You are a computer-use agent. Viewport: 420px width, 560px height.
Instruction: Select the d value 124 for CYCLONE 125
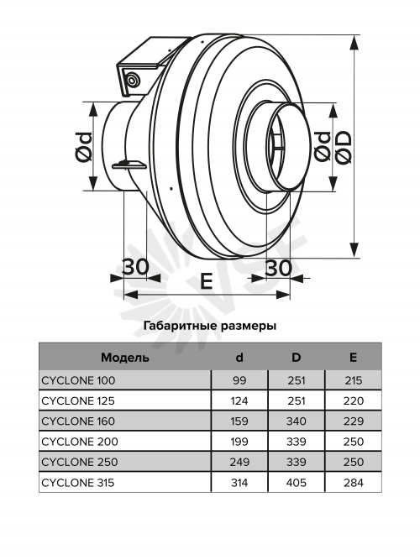(239, 400)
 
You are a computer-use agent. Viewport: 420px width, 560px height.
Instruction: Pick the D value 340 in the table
(296, 421)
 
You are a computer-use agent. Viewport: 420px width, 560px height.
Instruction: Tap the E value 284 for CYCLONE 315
(353, 483)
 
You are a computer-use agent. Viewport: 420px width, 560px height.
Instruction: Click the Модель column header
(125, 358)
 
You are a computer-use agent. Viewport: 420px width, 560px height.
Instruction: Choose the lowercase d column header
(239, 357)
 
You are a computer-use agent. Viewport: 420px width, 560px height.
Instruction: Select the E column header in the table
(353, 357)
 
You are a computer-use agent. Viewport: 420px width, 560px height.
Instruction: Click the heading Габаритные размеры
(210, 326)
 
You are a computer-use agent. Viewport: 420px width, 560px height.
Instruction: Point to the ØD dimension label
(344, 147)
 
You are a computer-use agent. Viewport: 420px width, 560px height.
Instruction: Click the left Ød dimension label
(84, 147)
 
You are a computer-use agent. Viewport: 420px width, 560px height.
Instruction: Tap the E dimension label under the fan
(207, 280)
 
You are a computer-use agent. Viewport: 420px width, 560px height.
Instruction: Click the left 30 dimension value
(135, 266)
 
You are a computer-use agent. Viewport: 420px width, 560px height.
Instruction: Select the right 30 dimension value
(278, 268)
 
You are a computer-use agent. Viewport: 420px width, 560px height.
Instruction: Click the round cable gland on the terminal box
(132, 79)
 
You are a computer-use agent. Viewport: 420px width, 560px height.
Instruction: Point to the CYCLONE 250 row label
(79, 462)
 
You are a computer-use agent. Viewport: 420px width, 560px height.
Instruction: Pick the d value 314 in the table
(239, 483)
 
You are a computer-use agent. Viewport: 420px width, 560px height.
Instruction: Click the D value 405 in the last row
(296, 483)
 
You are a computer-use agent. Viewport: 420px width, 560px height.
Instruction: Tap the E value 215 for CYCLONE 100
(353, 380)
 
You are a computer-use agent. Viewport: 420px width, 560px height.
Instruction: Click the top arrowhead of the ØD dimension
(354, 42)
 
